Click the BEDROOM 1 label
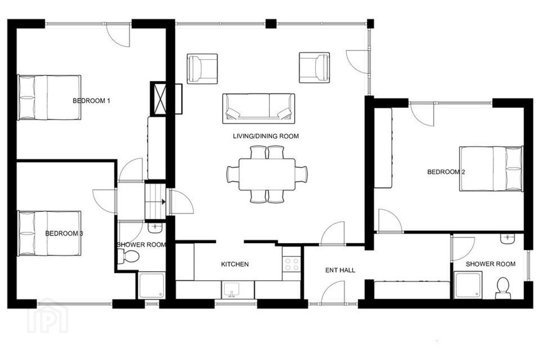tap(91, 101)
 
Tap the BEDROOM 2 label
tap(446, 172)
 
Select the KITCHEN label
tap(235, 264)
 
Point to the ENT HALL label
tap(340, 270)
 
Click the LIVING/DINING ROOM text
tap(266, 136)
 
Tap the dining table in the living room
tap(267, 174)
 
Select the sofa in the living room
tap(258, 108)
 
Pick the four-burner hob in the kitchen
tap(292, 264)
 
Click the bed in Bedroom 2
tap(491, 169)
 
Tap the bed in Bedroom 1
tap(49, 97)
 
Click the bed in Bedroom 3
tap(49, 233)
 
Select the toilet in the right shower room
tap(503, 288)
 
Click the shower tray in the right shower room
tap(468, 285)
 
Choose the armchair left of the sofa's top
tap(202, 69)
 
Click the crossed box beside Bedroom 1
tap(158, 99)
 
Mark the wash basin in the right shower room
tap(507, 238)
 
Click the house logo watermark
tap(48, 315)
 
